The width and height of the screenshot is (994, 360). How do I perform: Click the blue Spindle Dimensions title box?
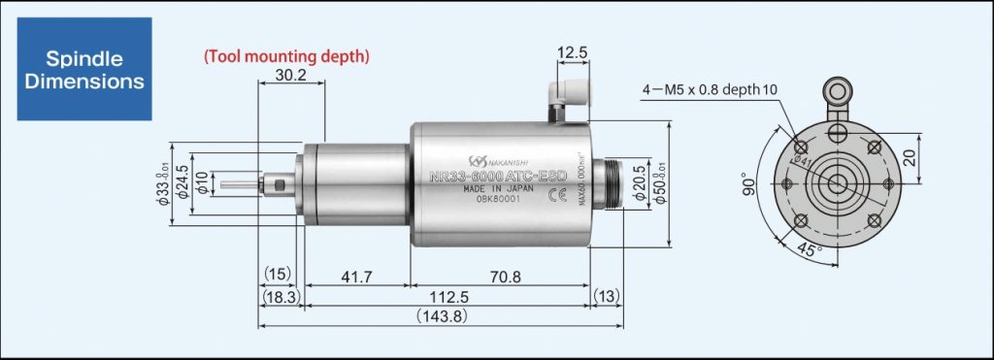point(84,68)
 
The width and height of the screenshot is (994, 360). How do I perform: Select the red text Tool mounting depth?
point(286,56)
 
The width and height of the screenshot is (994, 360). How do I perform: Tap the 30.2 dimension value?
point(292,74)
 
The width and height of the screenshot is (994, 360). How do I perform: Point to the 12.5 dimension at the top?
point(573,51)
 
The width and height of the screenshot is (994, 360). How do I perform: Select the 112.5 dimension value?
point(447,297)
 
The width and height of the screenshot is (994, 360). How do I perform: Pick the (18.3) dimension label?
point(279,297)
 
